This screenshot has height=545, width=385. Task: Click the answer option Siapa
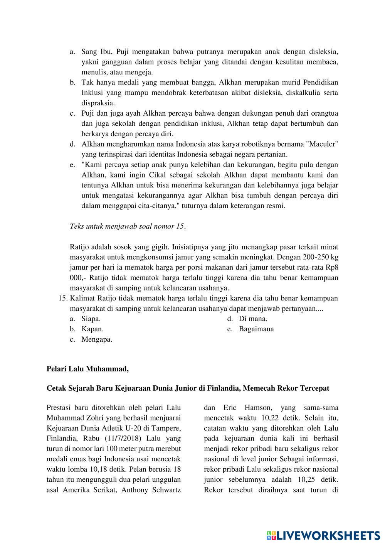point(91,319)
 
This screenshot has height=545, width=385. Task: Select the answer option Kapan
point(92,329)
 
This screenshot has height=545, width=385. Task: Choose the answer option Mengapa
point(97,339)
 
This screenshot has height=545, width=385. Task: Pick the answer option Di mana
point(253,319)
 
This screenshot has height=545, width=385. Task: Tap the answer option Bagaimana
point(256,329)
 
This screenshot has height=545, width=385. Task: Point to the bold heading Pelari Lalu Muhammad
point(87,369)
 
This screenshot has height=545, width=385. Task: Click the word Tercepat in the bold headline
point(314,388)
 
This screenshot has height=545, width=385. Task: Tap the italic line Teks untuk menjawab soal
point(127,226)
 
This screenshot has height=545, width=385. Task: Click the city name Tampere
point(163,428)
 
